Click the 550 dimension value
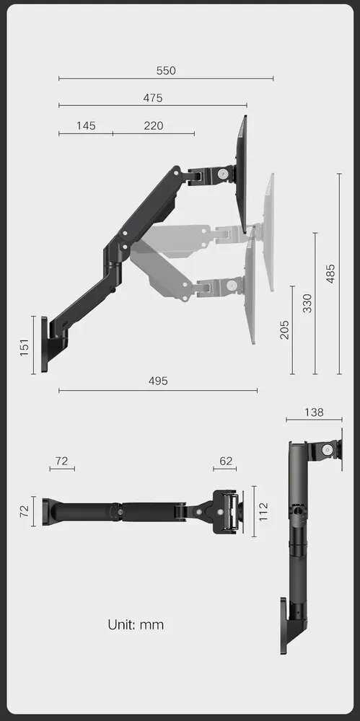pos(166,71)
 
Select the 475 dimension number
pos(153,98)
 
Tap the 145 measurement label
pos(86,125)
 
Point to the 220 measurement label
pos(154,125)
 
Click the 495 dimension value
pos(158,381)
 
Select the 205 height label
pos(284,329)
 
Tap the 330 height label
pos(307,303)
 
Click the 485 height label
pos(330,273)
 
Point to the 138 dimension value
pos(313,412)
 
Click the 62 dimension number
pos(226,461)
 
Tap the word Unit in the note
pos(121,624)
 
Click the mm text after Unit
pos(152,624)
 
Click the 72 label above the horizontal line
pos(61,461)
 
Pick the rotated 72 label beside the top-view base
pos(25,510)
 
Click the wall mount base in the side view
pos(45,344)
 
